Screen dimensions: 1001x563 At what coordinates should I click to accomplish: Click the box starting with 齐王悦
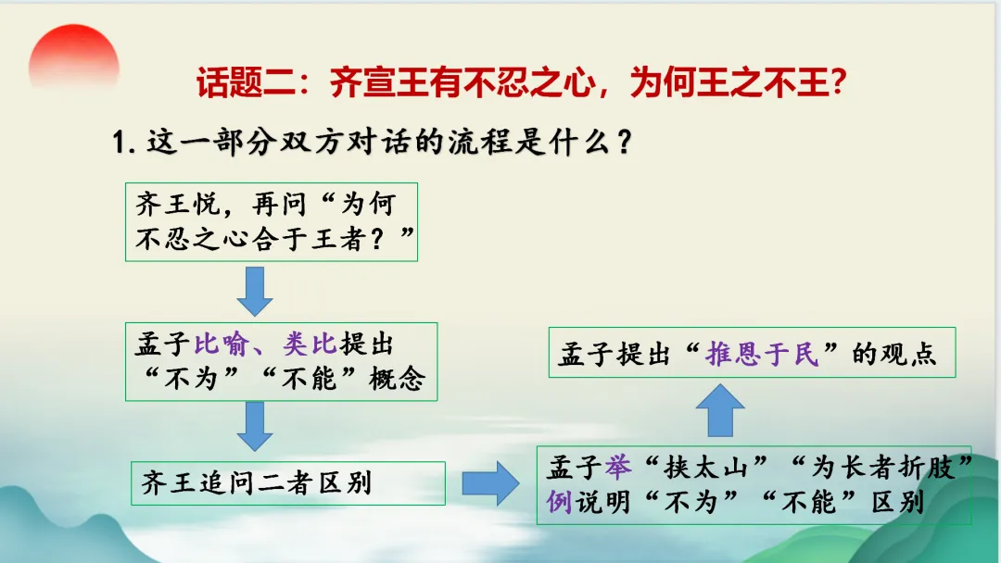point(271,223)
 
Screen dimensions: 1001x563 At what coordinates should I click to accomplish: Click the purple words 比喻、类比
point(264,344)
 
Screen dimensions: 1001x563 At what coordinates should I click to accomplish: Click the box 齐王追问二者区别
point(288,482)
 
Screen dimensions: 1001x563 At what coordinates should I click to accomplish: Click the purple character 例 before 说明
point(558,503)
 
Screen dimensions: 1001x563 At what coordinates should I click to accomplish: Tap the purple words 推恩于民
point(762,354)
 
